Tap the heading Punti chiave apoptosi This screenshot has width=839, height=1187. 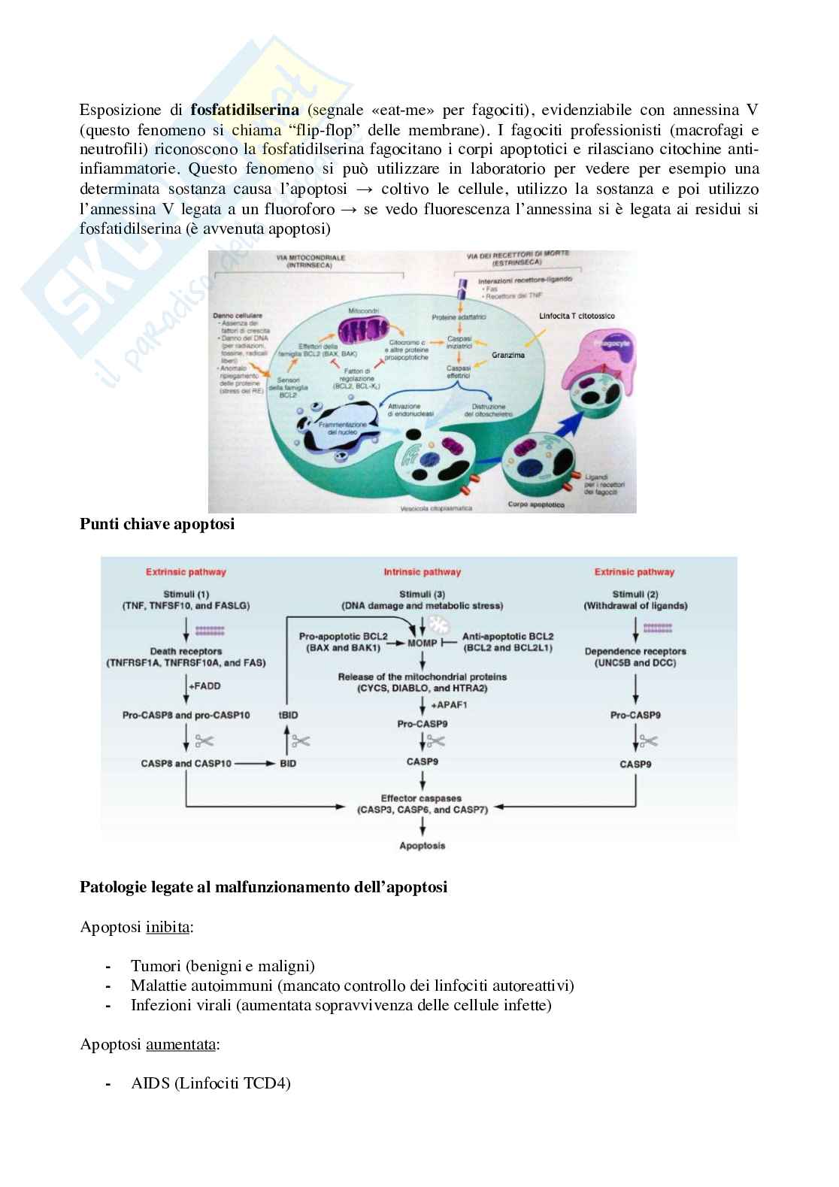pos(157,524)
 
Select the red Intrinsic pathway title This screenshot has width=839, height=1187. pos(422,572)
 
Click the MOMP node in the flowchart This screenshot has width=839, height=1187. pos(422,643)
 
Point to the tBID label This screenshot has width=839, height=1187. pos(288,715)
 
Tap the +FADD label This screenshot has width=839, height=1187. pos(204,686)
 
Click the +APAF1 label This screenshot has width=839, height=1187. pos(447,704)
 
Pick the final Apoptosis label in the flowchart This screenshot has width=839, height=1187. pos(422,846)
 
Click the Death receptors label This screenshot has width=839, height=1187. pos(186,651)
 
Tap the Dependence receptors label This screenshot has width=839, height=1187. pos(635,651)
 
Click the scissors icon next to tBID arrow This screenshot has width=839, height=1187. pos(301,740)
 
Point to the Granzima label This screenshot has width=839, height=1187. pos(508,354)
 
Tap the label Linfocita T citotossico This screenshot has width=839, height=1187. pos(577,316)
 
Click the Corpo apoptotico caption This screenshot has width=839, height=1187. pos(536,504)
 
